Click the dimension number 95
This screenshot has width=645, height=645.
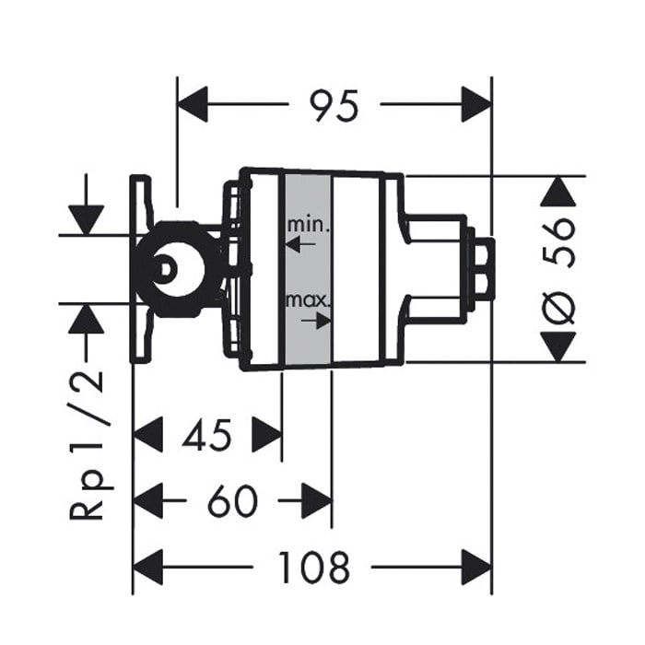pos(334,105)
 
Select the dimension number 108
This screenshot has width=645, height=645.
pos(315,568)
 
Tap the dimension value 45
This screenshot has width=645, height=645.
pos(207,435)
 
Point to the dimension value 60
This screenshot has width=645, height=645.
pos(232,500)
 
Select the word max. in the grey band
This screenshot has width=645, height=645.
pos(308,301)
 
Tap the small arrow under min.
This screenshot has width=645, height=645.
pos(300,244)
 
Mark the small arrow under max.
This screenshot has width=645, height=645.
pos(316,321)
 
